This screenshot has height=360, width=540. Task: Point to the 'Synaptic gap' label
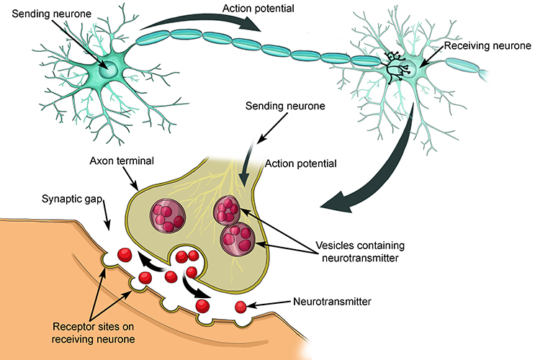(70, 198)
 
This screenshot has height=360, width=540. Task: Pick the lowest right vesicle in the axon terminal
(236, 239)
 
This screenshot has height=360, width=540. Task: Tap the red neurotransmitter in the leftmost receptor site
(125, 255)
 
